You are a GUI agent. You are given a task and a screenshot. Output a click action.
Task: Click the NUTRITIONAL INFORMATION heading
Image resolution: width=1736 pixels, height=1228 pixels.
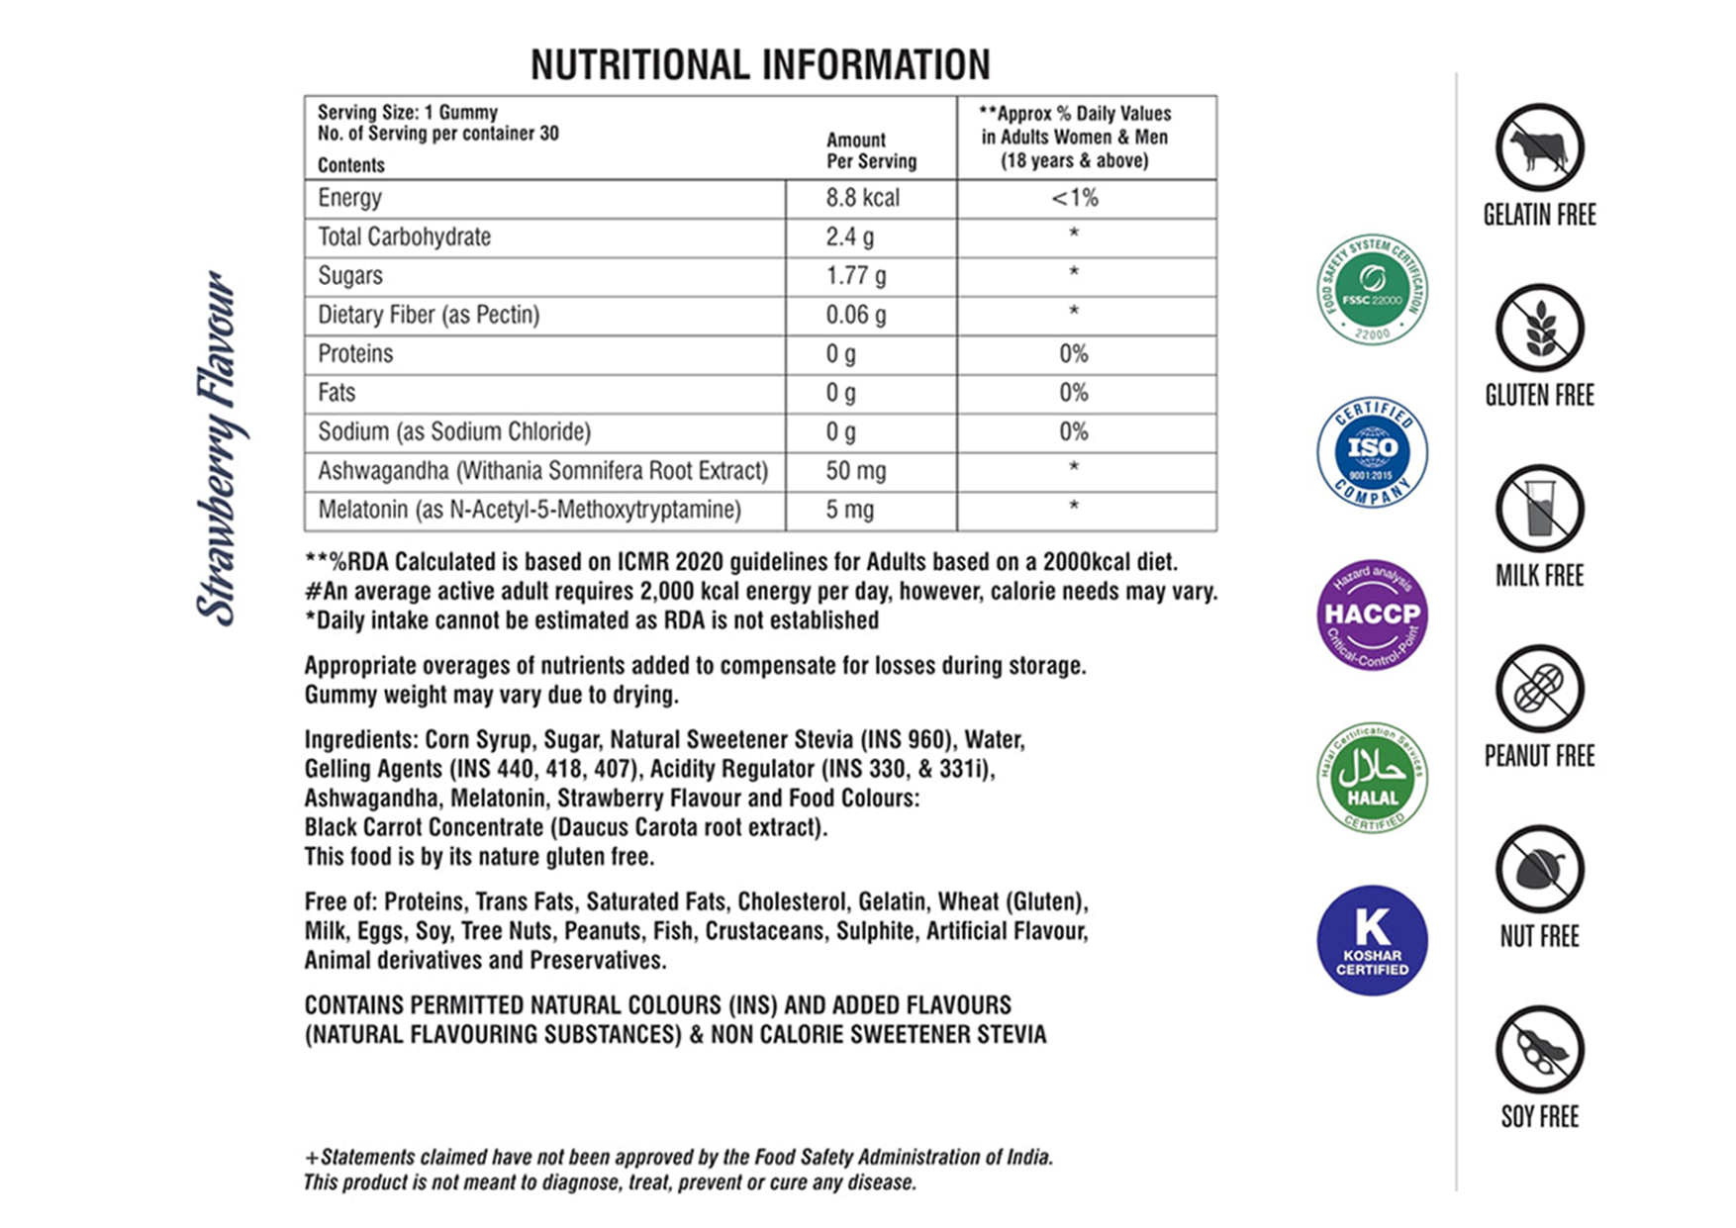point(759,65)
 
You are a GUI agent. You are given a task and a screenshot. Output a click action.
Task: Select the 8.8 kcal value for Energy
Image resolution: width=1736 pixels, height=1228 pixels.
point(862,198)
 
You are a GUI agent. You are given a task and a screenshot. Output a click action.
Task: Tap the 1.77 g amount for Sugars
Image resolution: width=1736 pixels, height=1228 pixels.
point(856,276)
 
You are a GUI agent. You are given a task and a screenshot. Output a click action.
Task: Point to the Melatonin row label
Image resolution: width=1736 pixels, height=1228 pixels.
point(529,510)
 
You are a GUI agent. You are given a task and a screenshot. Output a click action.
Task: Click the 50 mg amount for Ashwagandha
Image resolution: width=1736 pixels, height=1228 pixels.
point(856,471)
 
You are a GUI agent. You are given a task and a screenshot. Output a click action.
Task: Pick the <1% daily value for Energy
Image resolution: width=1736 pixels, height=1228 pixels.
point(1075,198)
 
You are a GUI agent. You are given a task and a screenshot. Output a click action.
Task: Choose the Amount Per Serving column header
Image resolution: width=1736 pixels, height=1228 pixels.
point(871,150)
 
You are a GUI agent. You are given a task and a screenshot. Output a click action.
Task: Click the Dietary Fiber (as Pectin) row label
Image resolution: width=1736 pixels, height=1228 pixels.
point(428,315)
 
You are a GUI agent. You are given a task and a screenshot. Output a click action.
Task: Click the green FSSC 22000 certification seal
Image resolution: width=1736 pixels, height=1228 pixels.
point(1372,289)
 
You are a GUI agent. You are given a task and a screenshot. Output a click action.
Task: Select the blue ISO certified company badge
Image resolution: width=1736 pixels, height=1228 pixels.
point(1372,452)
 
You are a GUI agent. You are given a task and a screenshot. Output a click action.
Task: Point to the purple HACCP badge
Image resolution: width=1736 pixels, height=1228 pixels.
point(1372,614)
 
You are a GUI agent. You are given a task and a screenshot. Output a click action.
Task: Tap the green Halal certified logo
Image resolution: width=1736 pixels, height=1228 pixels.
point(1372,778)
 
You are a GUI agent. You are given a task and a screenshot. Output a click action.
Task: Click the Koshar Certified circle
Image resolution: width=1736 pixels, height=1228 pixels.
point(1372,940)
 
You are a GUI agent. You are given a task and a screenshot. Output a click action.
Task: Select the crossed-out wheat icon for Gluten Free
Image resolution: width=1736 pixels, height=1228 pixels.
point(1539,329)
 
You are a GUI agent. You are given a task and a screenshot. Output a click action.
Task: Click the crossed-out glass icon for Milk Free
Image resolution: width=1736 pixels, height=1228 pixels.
point(1539,509)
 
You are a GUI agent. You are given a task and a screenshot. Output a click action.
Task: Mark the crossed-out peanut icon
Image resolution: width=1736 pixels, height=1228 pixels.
point(1539,689)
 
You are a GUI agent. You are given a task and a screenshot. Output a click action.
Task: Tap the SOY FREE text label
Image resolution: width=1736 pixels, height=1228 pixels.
point(1539,1117)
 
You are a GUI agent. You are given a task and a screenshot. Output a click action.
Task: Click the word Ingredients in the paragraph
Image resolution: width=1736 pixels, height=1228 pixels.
point(359,740)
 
